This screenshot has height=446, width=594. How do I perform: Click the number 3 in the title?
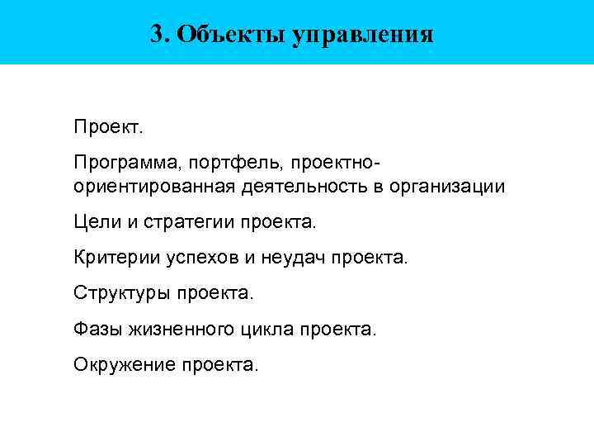157,34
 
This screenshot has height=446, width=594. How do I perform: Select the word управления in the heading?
362,35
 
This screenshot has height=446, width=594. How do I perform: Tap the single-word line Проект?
108,128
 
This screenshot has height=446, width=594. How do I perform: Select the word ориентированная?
154,187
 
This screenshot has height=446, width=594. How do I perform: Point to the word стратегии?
191,223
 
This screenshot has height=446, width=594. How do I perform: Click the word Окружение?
124,364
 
